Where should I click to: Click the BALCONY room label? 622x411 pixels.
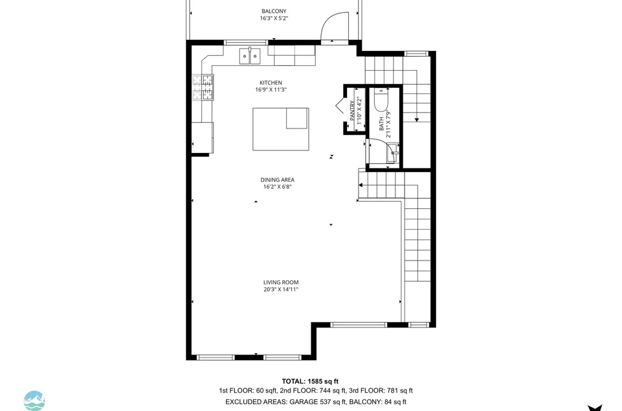(274, 11)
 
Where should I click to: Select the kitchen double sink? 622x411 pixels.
(250, 57)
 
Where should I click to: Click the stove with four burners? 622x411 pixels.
(203, 87)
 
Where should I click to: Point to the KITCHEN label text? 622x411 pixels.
(271, 82)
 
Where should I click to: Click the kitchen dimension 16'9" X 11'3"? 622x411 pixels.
(271, 90)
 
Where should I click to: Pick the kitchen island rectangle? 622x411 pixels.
(281, 129)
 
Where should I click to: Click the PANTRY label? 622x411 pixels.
(352, 111)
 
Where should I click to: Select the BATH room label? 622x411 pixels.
(381, 123)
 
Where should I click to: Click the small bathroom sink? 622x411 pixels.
(393, 153)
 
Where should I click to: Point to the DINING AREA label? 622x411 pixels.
(278, 180)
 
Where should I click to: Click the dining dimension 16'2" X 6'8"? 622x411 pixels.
(278, 187)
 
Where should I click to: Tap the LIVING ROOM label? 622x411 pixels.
(281, 283)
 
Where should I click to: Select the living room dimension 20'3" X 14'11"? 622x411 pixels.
(281, 289)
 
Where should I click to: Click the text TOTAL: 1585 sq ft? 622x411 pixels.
(310, 382)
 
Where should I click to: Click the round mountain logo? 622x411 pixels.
(34, 401)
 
